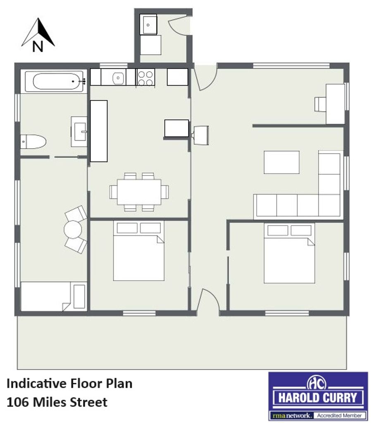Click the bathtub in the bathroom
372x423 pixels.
pyautogui.click(x=56, y=82)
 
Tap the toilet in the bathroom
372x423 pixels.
pyautogui.click(x=33, y=142)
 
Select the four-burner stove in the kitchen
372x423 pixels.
pyautogui.click(x=146, y=77)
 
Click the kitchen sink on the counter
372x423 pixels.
pyautogui.click(x=118, y=78)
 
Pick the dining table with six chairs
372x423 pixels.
pyautogui.click(x=139, y=192)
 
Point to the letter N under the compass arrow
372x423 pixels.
pyautogui.click(x=38, y=46)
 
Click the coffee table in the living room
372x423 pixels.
pyautogui.click(x=281, y=162)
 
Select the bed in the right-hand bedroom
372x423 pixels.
pyautogui.click(x=289, y=253)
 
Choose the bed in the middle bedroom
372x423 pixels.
pyautogui.click(x=139, y=251)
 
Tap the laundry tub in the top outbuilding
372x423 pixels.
pyautogui.click(x=148, y=24)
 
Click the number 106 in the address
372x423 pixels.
pyautogui.click(x=17, y=402)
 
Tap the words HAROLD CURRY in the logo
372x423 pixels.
pyautogui.click(x=317, y=398)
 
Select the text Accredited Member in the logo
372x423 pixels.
pyautogui.click(x=339, y=416)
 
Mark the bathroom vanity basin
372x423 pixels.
pyautogui.click(x=79, y=132)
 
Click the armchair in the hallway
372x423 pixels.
pyautogui.click(x=201, y=135)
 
